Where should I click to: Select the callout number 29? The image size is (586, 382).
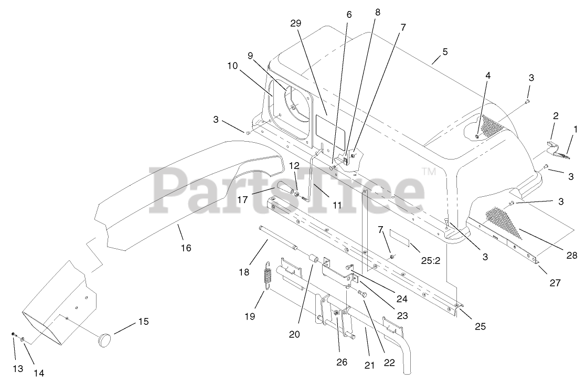[296, 24]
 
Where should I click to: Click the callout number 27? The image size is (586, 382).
[555, 282]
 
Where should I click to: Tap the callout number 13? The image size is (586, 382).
[18, 369]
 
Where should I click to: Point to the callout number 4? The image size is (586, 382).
[488, 76]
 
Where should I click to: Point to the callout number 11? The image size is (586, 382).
[337, 205]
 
